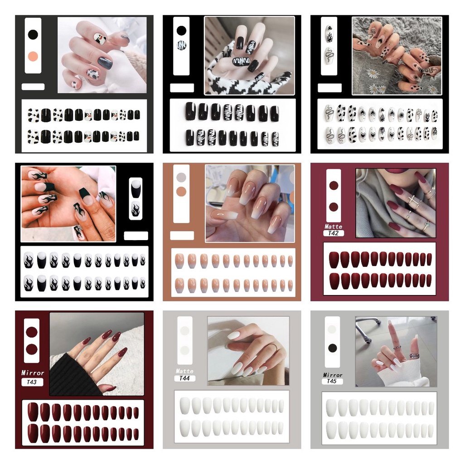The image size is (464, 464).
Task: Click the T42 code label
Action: point(333,233)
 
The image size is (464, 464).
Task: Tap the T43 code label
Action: point(32,382)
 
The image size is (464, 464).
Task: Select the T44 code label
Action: point(184,378)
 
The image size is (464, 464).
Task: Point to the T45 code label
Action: point(332,381)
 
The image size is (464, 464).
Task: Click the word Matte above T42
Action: point(333,227)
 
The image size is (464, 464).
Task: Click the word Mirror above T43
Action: point(33,373)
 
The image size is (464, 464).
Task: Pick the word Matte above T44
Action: point(184,371)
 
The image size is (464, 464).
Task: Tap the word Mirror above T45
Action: point(333,375)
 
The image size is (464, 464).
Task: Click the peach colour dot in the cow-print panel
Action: point(33,56)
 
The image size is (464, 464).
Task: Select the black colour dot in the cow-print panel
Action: point(33,34)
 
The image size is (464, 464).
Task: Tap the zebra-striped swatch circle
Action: point(181,45)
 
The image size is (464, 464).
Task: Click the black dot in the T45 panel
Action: point(332,348)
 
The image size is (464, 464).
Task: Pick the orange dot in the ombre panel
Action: point(181,192)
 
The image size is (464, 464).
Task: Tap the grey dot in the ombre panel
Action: point(181,177)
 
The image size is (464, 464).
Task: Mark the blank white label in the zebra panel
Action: point(182,88)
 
